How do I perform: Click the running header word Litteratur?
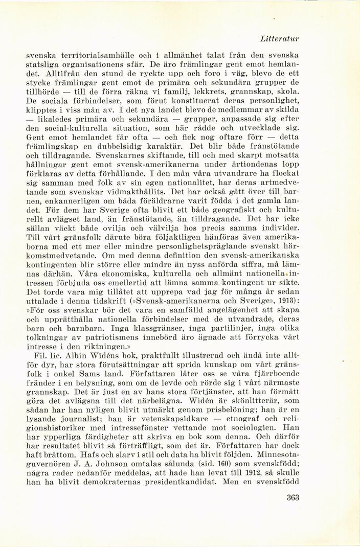(x=279, y=38)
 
